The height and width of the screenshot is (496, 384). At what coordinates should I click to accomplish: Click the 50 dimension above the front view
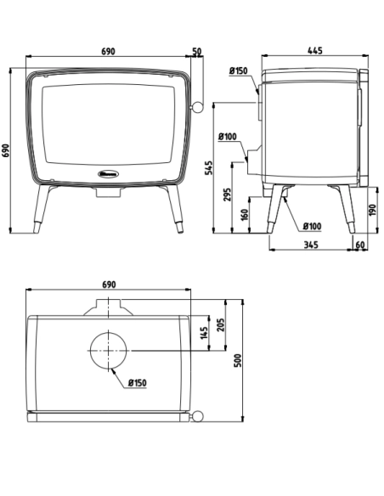tap(197, 52)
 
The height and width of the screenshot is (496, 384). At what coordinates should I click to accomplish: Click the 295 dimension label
tap(227, 194)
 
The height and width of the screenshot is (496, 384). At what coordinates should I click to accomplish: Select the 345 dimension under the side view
tap(309, 245)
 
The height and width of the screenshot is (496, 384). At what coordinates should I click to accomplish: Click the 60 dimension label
tap(359, 245)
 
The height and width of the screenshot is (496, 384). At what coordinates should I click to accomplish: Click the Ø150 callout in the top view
tap(138, 383)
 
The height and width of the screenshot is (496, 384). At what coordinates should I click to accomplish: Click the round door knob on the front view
tap(196, 108)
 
